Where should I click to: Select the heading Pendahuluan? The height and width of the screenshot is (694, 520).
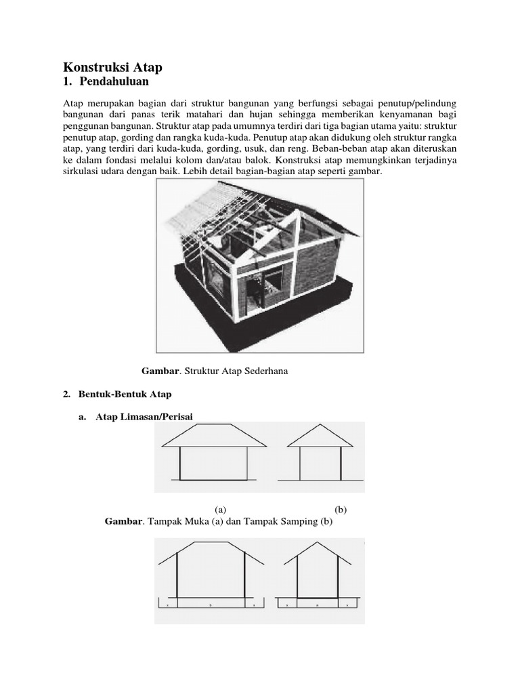[x=113, y=83]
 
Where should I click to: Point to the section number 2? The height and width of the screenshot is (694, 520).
[x=66, y=394]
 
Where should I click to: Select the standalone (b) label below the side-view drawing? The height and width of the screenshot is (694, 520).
[x=340, y=509]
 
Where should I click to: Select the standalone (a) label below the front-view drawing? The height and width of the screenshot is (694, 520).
[x=220, y=509]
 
